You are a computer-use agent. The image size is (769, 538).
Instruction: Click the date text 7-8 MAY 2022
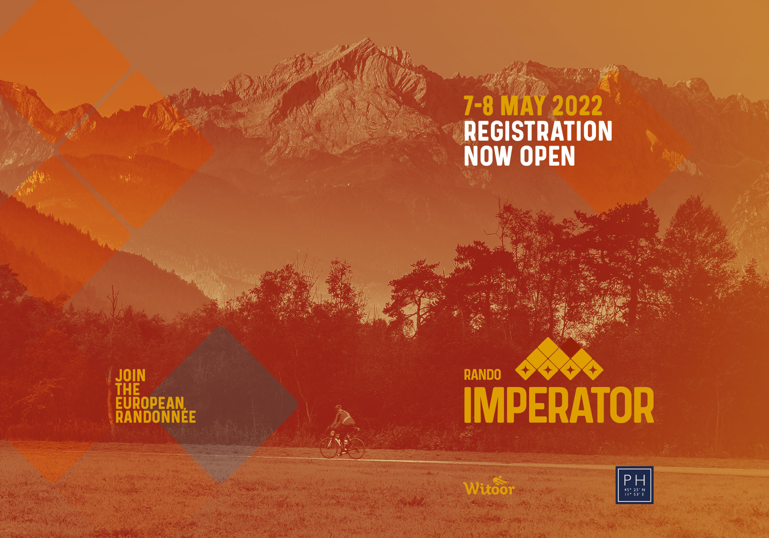[x=533, y=106]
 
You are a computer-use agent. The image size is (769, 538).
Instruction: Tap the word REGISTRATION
[x=538, y=131]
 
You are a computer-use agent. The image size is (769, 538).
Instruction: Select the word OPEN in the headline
[x=548, y=156]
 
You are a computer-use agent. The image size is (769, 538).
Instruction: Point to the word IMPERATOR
[x=559, y=405]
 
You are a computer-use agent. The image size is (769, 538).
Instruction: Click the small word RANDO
[x=483, y=375]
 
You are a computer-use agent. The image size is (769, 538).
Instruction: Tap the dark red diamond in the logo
[x=570, y=347]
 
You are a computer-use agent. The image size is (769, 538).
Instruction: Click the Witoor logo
[x=489, y=487]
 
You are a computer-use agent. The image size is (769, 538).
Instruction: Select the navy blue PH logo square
[x=634, y=485]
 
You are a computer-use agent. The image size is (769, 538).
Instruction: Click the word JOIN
[x=130, y=375]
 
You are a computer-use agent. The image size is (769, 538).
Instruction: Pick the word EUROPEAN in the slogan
[x=150, y=403]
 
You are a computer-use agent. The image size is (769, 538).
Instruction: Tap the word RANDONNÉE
[x=156, y=417]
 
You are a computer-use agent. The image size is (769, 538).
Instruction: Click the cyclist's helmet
[x=338, y=407]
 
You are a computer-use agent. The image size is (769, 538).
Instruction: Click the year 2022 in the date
[x=578, y=106]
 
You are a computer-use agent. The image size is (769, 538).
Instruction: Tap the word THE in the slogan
[x=128, y=389]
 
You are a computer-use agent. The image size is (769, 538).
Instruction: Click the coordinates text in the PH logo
[x=634, y=492]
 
